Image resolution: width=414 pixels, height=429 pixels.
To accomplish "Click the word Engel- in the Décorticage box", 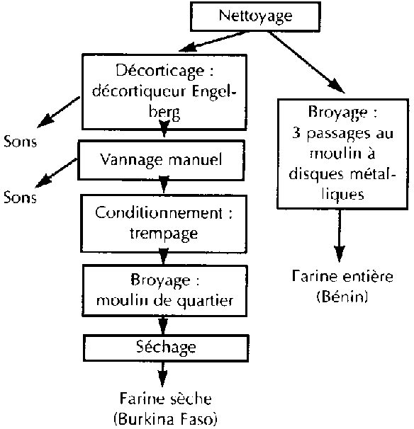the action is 213,92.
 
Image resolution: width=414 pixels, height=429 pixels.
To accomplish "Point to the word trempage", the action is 164,234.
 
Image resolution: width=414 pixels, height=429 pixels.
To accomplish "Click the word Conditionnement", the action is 159,213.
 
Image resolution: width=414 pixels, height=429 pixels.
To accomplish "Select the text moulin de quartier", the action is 164,301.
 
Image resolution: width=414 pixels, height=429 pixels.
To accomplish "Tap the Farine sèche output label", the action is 166,399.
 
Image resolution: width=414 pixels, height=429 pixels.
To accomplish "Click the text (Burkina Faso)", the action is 165,419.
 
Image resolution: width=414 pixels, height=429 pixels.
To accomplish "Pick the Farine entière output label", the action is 342,276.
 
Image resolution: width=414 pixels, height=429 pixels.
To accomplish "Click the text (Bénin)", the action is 342,297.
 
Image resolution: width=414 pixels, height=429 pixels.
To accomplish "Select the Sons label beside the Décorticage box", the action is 20,142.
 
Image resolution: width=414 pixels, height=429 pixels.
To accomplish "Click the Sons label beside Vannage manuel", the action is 20,197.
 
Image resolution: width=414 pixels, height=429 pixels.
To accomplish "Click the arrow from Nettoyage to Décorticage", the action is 213,41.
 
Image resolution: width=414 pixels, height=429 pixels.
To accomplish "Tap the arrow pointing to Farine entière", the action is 340,236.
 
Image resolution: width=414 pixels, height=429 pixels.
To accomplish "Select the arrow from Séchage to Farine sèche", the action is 163,374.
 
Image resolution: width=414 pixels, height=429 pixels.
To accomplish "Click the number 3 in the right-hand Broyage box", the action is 296,133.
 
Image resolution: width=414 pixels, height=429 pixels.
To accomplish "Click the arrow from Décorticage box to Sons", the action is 59,112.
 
